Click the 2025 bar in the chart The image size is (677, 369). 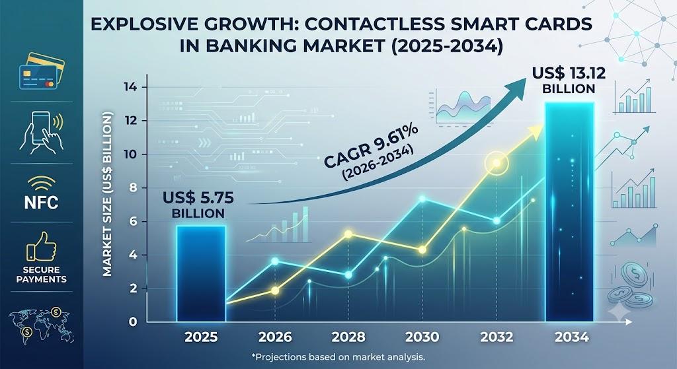click(201, 273)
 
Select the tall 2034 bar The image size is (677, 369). click(569, 212)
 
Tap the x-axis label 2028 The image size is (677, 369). click(348, 337)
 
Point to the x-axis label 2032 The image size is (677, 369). click(497, 337)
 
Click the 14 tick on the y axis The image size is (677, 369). click(130, 88)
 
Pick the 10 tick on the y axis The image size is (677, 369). click(130, 154)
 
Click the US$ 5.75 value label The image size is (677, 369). click(198, 205)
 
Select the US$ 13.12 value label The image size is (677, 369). click(569, 80)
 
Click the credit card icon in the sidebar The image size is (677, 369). click(42, 71)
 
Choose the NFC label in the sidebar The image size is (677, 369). click(42, 202)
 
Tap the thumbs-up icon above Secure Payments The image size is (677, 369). click(41, 247)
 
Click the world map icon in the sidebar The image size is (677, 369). click(41, 325)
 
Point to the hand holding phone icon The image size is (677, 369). click(42, 131)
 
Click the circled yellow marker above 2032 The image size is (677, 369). click(497, 163)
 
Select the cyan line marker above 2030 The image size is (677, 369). click(422, 199)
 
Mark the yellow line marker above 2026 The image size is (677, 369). click(275, 290)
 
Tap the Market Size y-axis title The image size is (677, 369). click(108, 193)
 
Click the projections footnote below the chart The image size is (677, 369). click(338, 357)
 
